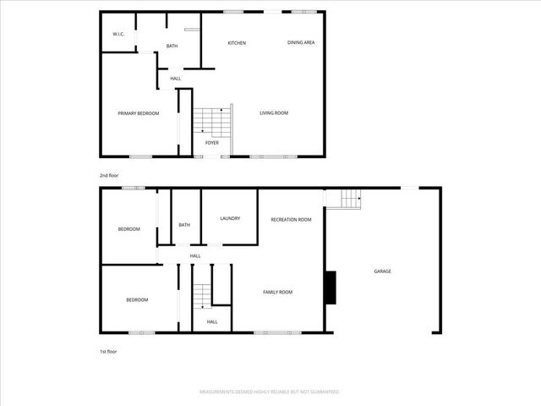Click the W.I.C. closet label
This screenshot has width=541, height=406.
[118, 34]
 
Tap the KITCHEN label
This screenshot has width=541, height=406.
[237, 42]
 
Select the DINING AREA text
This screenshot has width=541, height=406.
[301, 41]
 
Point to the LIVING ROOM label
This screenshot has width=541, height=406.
[274, 112]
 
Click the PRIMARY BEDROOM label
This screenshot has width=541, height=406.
[138, 113]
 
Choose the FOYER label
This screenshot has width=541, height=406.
[212, 143]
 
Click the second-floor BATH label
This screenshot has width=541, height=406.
[172, 46]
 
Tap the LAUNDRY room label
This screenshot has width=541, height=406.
[230, 219]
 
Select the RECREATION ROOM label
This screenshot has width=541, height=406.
[291, 219]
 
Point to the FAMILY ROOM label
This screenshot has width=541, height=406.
[277, 292]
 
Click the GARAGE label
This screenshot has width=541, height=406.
[383, 272]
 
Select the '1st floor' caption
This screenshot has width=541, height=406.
[108, 351]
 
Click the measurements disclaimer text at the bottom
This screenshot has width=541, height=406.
[270, 392]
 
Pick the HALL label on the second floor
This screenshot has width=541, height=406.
[175, 79]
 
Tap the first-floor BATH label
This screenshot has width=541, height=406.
[183, 225]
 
